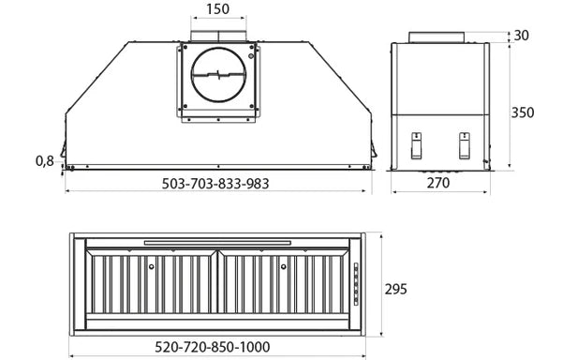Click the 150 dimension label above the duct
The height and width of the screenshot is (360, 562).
coord(217,9)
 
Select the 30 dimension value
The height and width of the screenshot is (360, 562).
coord(523,36)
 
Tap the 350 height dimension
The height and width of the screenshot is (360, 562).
coord(524,112)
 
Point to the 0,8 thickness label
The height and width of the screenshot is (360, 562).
coord(44,160)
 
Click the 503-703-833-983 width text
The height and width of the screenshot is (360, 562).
coord(215,184)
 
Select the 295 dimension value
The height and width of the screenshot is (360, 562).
coord(395,289)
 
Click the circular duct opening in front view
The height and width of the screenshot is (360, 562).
coord(217,77)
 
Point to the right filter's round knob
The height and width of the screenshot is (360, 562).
coord(282,269)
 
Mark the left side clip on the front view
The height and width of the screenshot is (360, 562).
coord(63,151)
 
